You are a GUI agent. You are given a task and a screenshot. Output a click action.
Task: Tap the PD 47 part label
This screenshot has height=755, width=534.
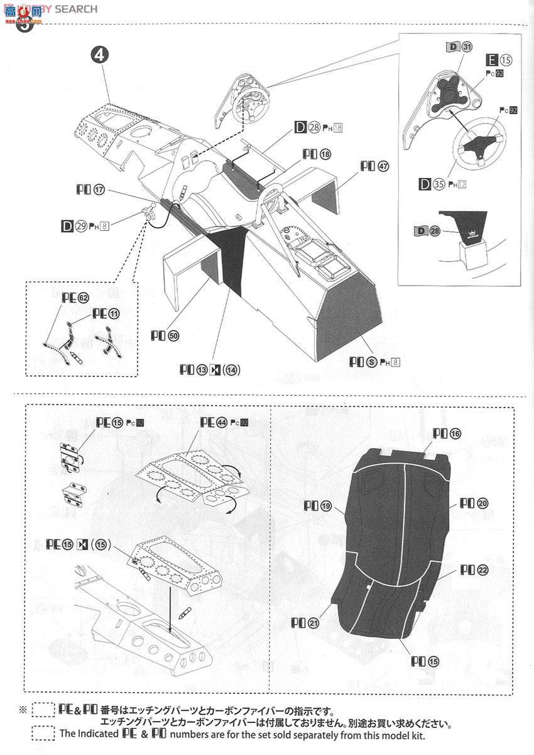(374, 167)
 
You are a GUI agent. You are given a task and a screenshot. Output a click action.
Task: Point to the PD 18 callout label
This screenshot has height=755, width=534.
(316, 153)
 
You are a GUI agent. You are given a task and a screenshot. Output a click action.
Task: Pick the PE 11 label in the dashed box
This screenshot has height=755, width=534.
(106, 313)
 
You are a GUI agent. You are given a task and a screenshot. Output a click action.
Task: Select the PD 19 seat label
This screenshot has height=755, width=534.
(317, 505)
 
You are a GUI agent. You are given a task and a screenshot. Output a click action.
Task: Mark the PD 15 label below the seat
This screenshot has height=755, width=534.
(425, 661)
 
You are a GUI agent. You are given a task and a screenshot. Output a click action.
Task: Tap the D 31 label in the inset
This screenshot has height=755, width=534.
(459, 47)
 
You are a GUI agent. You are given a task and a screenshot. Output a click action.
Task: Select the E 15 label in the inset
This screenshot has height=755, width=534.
(499, 60)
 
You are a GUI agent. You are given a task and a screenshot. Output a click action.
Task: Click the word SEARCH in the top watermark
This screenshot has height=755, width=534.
(76, 9)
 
